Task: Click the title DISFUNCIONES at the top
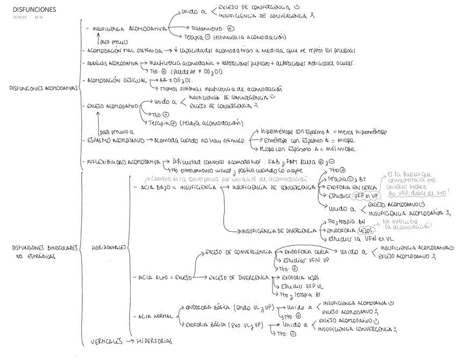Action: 33,10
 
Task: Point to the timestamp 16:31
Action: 38,18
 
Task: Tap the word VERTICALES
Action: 105,341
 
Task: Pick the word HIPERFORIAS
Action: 154,341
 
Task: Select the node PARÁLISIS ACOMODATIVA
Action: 112,63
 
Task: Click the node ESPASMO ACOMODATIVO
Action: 116,141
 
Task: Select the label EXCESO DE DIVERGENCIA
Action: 239,278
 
